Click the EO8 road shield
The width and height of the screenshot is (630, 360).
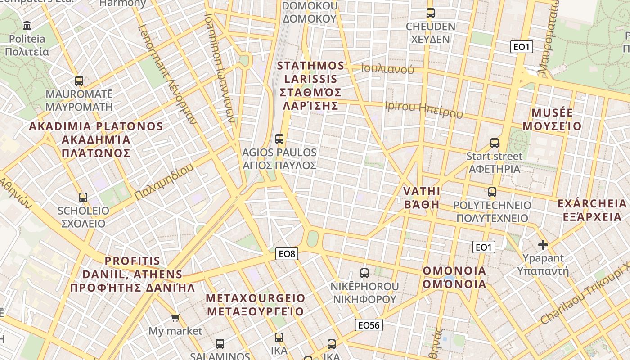pos(287,254)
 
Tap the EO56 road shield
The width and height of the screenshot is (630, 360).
pos(369,325)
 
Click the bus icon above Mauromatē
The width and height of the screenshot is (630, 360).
pos(79,81)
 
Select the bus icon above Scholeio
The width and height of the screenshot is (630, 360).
pos(83,197)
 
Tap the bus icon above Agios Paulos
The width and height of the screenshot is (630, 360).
pos(279,139)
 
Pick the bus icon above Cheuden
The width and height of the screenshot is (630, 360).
pos(431,13)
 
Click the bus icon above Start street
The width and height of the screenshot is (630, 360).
pos(495,143)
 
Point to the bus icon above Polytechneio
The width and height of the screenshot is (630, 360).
pos(492,192)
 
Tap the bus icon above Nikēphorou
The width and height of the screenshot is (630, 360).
pos(364,273)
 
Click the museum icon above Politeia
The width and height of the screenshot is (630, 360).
pos(27,25)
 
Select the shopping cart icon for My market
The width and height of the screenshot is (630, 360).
pos(175,318)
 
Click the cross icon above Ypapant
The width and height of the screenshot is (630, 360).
pos(543,245)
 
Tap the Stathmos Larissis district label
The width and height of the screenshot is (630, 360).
pos(310,85)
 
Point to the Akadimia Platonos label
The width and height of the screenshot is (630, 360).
pos(96,139)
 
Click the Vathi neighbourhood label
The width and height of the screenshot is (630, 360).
pos(422,198)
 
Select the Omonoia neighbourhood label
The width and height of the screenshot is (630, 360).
pos(454,277)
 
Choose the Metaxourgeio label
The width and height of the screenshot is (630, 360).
pos(256,305)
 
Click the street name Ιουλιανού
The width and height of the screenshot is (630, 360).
pos(387,69)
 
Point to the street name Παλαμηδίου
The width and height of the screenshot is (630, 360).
pos(164,182)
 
